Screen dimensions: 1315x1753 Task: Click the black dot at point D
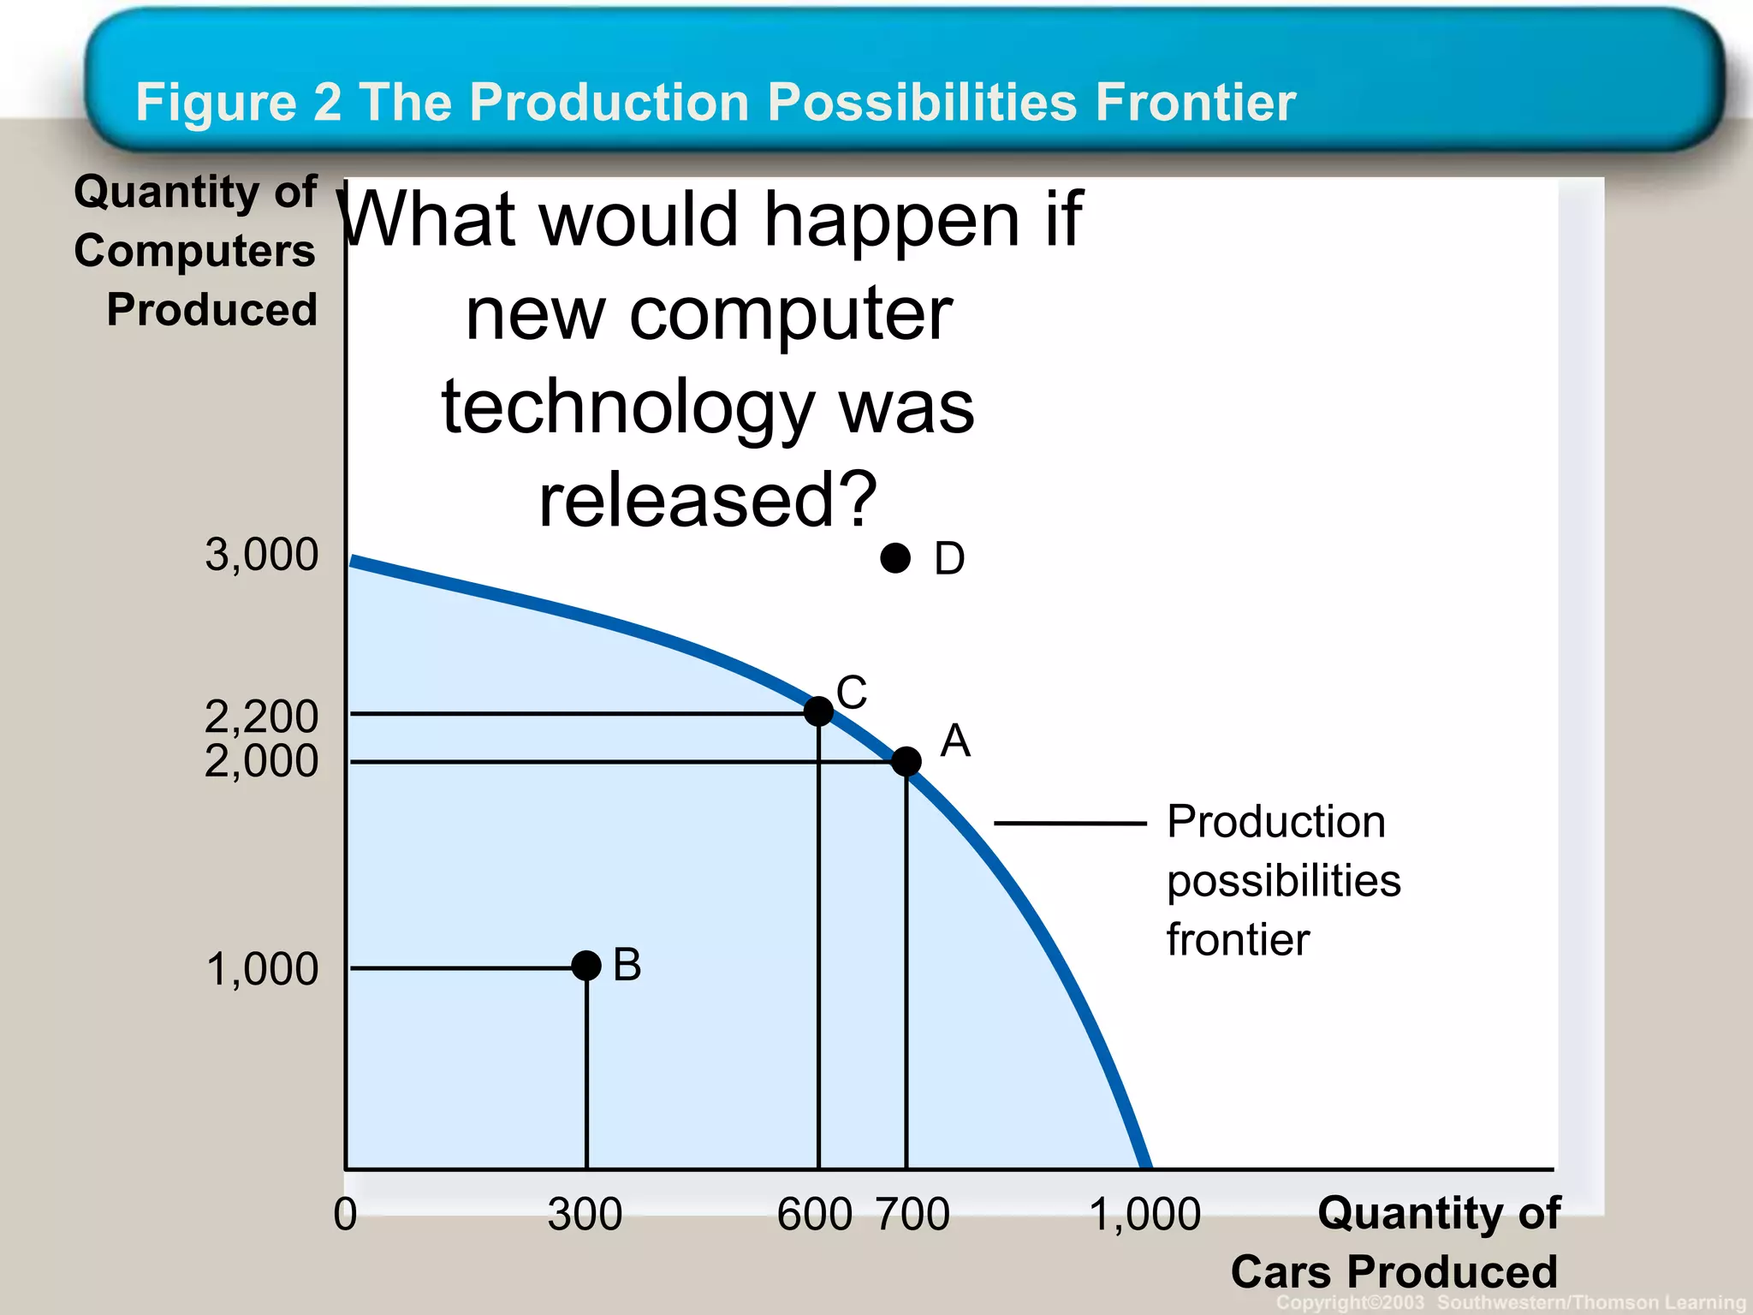pos(895,558)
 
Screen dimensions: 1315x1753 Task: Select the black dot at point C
pos(819,711)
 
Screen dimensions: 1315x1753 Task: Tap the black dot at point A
pos(906,760)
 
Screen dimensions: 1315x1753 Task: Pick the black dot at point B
pos(586,966)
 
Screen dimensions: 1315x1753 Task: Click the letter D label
pos(949,559)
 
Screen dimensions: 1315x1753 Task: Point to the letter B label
pos(627,965)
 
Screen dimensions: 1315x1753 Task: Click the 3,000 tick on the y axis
pos(262,555)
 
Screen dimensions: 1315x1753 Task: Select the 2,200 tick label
pos(262,715)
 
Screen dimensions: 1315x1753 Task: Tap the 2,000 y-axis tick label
pos(262,760)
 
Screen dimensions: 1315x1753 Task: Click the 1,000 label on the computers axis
pos(262,969)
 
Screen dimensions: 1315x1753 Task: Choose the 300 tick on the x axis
pos(585,1214)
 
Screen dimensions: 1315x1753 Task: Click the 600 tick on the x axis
pos(814,1214)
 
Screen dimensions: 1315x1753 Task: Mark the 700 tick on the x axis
pos(913,1214)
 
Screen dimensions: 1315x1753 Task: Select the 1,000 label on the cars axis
pos(1145,1214)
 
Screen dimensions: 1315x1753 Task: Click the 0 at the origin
pos(345,1214)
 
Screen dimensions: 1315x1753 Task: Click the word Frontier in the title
pos(1196,103)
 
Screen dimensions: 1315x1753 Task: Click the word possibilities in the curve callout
pos(1284,881)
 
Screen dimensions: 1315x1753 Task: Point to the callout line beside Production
pos(1070,824)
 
